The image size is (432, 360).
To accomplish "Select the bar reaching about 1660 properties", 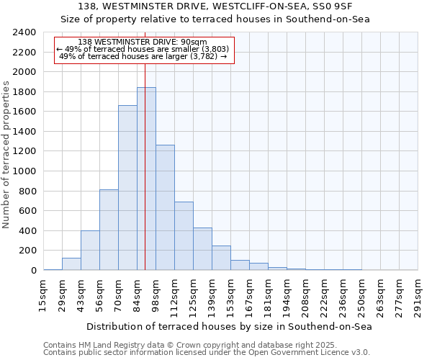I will (127, 187).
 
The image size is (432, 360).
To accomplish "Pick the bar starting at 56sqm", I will (109, 230).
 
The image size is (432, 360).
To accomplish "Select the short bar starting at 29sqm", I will (71, 264).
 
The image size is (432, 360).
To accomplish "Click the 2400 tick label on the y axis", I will (24, 32).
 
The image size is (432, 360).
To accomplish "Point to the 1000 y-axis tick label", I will (24, 171).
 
